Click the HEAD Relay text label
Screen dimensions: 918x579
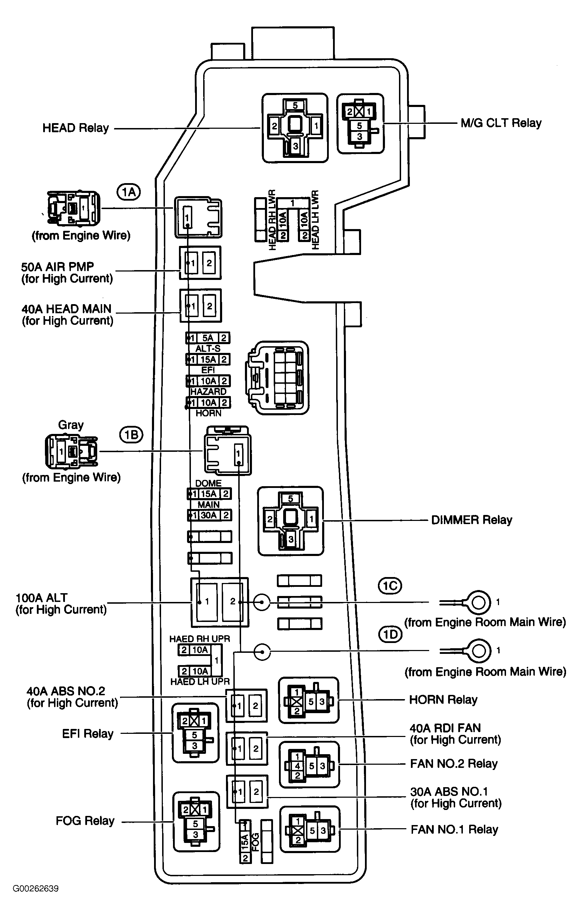click(75, 128)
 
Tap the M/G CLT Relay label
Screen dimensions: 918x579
click(501, 123)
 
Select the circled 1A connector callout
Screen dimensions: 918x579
click(129, 192)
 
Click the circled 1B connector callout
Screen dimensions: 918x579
click(131, 435)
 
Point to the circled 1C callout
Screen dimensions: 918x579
click(390, 585)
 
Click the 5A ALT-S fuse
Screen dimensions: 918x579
click(208, 338)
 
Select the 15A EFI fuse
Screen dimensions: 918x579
click(208, 360)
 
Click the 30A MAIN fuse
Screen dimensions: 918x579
click(209, 515)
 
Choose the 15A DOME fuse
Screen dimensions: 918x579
click(209, 494)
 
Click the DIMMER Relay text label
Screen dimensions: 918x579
click(471, 520)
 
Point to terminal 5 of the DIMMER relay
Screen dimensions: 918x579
click(291, 499)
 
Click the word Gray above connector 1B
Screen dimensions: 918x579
click(71, 425)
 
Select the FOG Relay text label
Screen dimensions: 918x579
click(85, 821)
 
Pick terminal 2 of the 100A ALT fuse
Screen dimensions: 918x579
click(233, 601)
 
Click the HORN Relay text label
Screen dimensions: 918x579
click(443, 700)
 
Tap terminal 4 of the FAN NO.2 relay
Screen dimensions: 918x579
click(298, 766)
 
